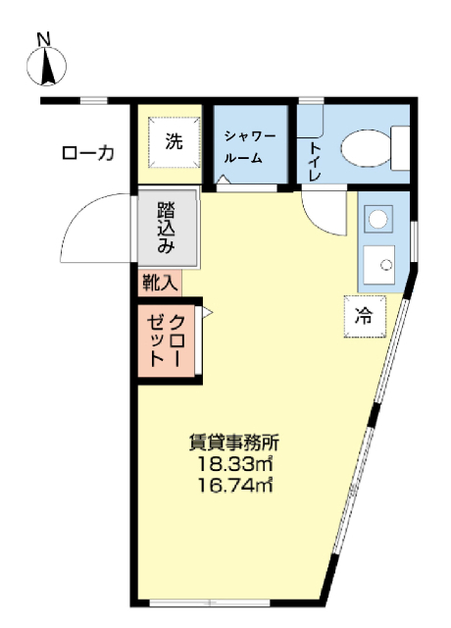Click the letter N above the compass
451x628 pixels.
coord(44,39)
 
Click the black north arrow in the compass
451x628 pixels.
coord(48,66)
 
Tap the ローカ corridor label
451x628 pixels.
coord(88,153)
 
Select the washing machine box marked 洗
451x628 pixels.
coord(175,141)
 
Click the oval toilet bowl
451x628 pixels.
coord(366,148)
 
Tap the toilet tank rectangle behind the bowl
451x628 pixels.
coord(400,148)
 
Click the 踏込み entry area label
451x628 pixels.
coord(167,228)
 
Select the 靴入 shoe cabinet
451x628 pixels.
coord(160,284)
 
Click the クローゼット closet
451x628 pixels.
coord(167,341)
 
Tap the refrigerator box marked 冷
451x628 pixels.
coord(365,316)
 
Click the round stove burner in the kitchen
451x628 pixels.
coord(378,219)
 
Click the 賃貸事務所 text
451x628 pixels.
coord(234,443)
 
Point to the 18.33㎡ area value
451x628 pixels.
coord(235,464)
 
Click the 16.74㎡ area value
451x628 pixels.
coord(235,486)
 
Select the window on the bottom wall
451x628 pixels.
coord(210,602)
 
